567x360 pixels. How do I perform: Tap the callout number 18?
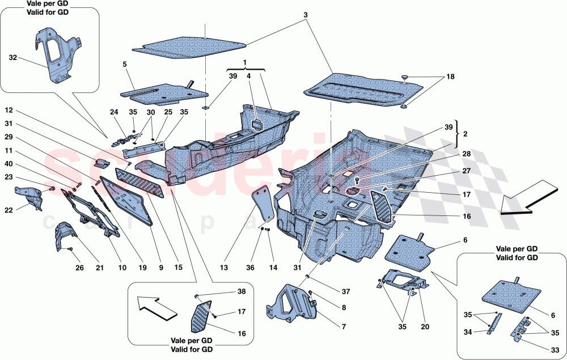pos(450,76)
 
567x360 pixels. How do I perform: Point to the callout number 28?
pos(450,154)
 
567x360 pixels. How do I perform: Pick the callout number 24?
pos(113,112)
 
